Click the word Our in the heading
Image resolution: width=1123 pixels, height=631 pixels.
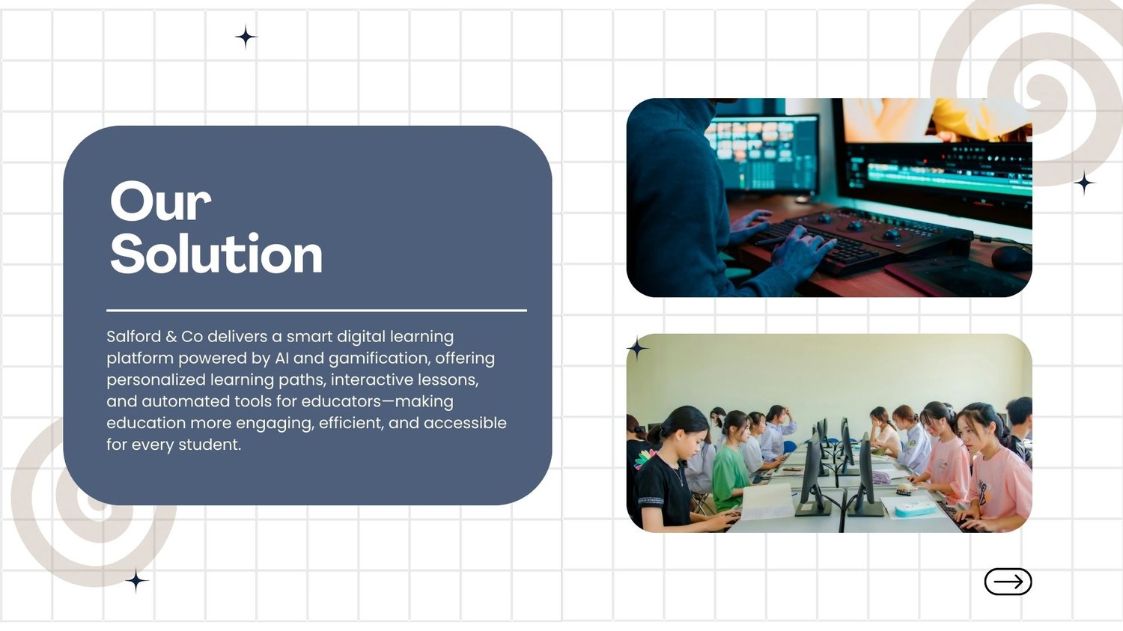(160, 201)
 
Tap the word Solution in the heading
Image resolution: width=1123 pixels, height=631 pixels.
(216, 253)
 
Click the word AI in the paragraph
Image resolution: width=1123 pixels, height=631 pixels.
(281, 359)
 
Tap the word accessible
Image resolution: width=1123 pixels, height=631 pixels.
(465, 423)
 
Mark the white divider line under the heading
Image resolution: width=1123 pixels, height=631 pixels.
(317, 311)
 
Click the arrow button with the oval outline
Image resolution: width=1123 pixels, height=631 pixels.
(1008, 582)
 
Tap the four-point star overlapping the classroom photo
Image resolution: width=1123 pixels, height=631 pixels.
(638, 348)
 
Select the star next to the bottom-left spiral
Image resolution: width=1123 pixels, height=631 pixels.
(136, 581)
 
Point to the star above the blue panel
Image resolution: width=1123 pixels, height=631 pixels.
(246, 37)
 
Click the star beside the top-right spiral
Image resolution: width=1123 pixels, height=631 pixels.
(1084, 183)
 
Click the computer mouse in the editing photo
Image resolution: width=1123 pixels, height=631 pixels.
(1010, 258)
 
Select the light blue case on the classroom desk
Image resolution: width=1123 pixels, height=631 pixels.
(916, 509)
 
